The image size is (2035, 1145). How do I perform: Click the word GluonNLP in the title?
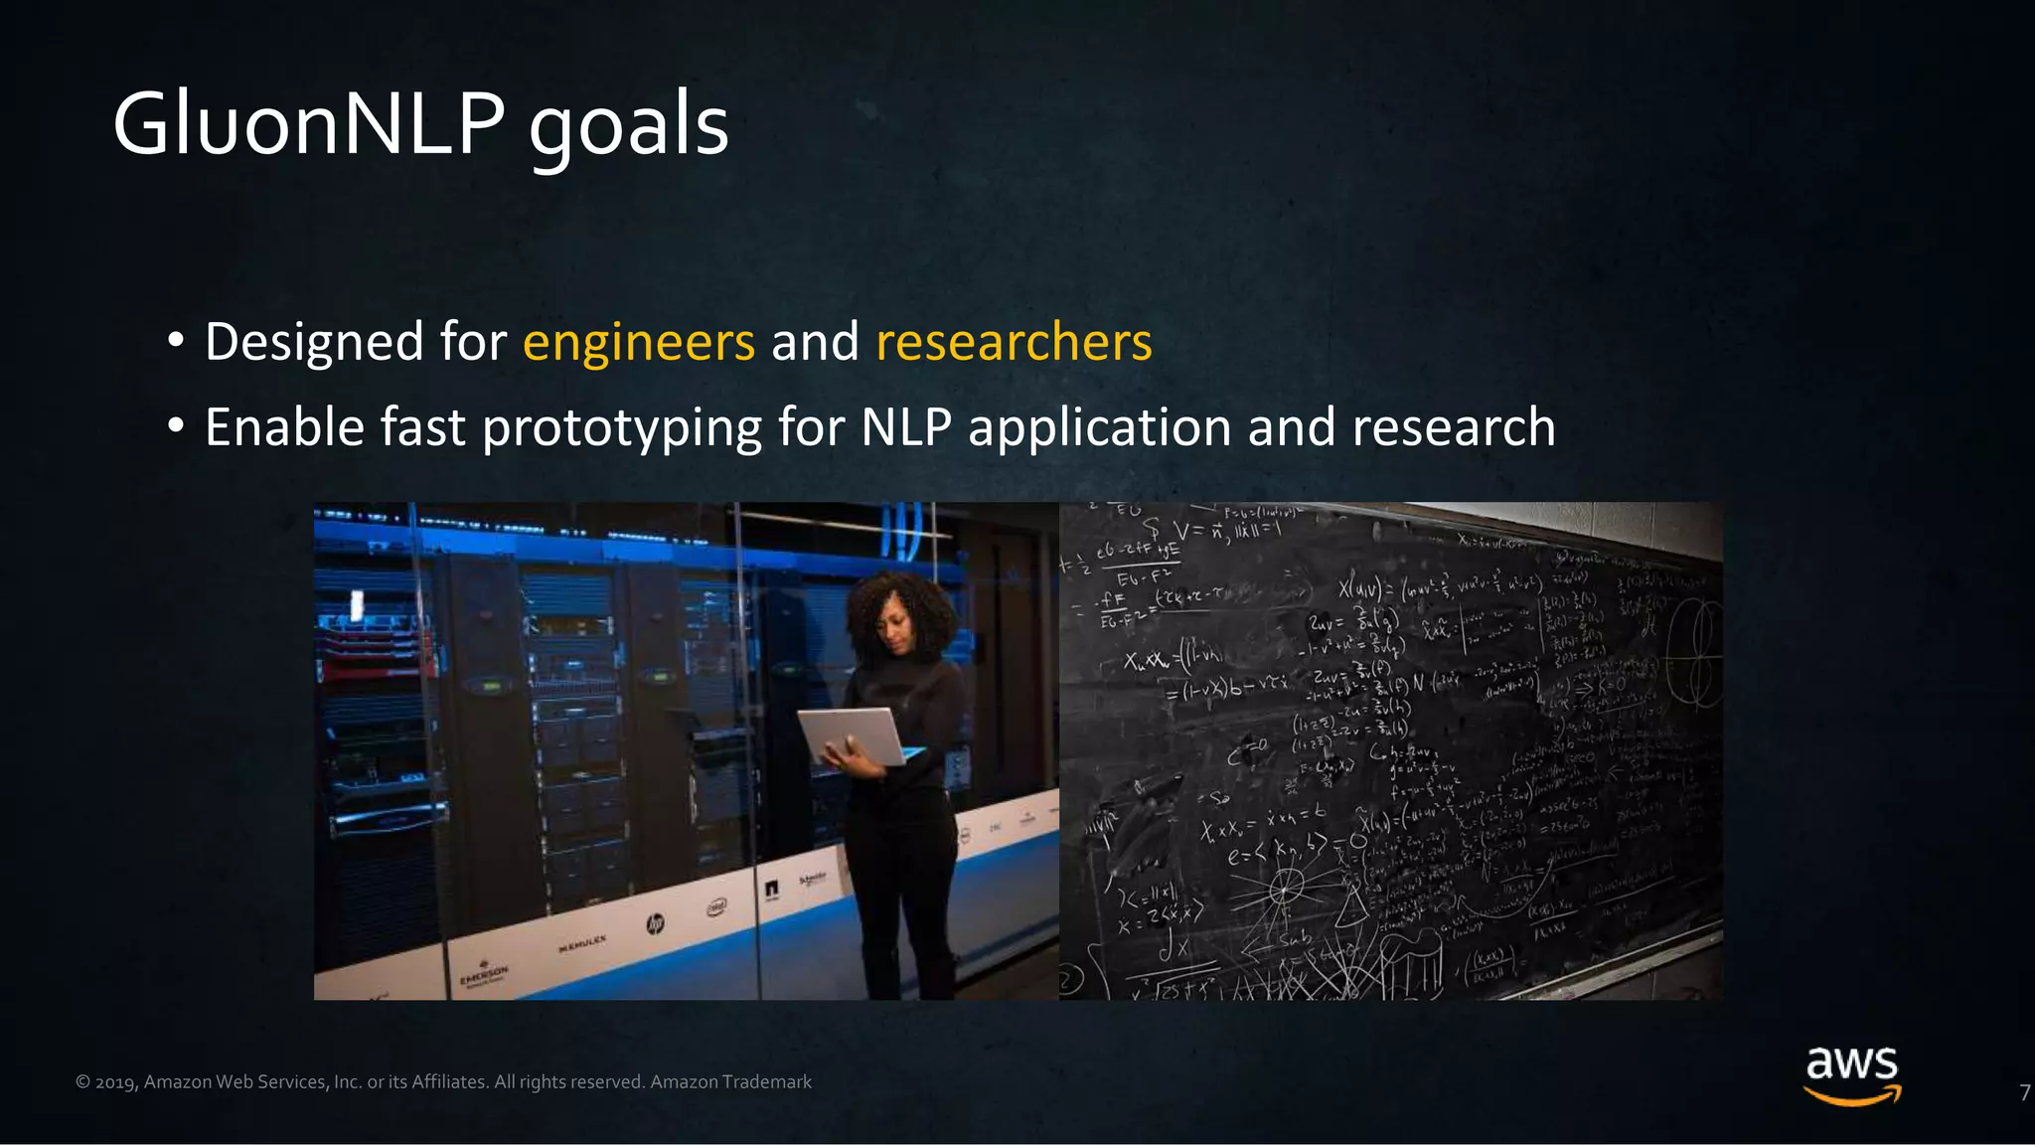[308, 125]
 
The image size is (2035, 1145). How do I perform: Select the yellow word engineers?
[639, 342]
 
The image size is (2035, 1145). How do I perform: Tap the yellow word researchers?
[1014, 342]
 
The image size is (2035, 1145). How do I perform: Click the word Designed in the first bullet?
[315, 342]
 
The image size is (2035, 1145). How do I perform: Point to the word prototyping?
[622, 428]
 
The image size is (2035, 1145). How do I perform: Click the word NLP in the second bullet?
[906, 427]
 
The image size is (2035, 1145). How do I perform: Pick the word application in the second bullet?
[1100, 428]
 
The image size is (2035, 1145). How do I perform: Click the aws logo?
[1852, 1073]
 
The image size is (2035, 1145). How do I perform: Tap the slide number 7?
[2024, 1092]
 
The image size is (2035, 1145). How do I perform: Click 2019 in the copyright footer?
[115, 1082]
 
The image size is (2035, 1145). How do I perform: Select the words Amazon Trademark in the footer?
[730, 1081]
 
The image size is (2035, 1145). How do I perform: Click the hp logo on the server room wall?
[656, 924]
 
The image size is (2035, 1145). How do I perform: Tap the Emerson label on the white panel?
[484, 973]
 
